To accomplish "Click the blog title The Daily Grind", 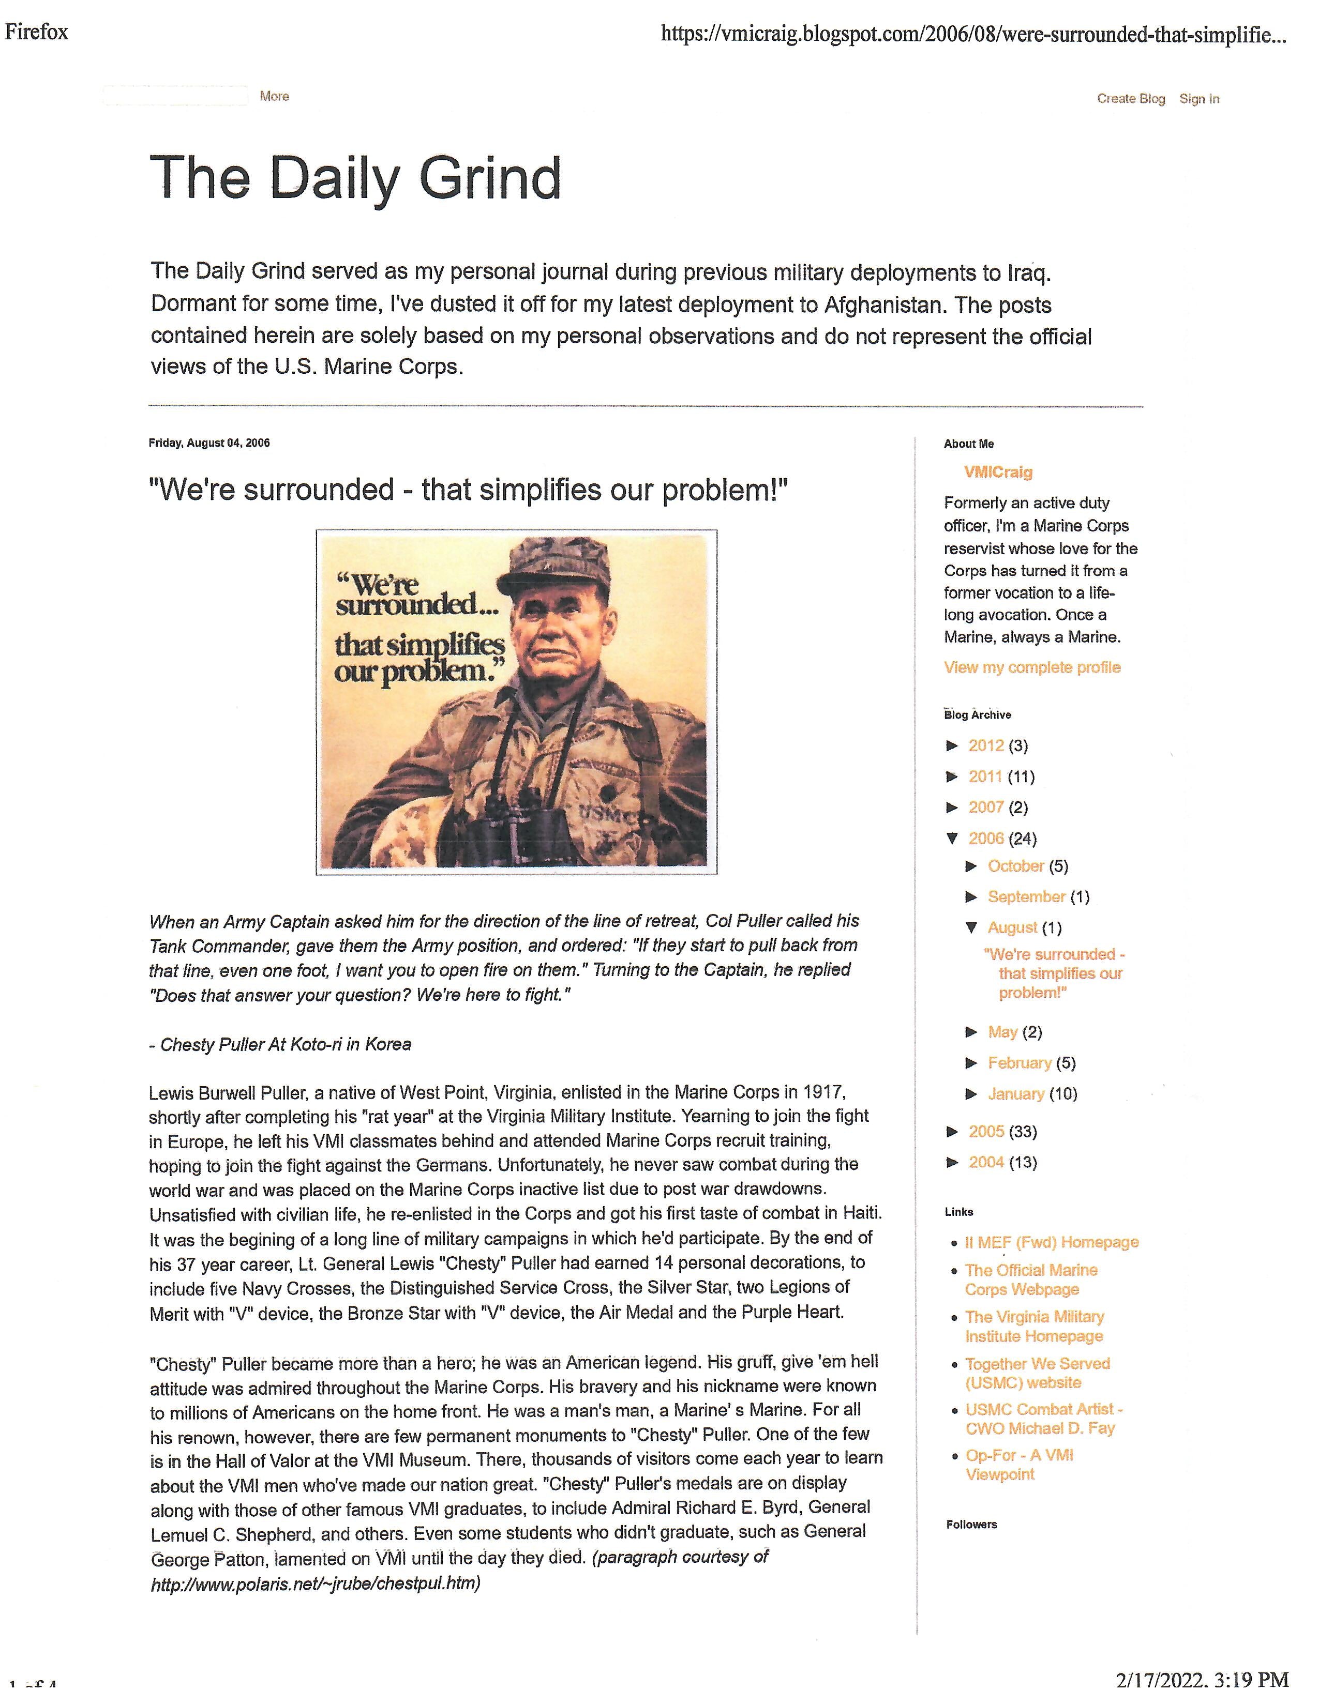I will (x=355, y=178).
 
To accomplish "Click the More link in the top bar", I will (x=274, y=96).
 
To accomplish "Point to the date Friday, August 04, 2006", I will (x=209, y=443).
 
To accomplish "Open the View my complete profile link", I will (x=1031, y=667).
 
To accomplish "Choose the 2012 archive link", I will (x=985, y=745).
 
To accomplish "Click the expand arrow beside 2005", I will (x=952, y=1131).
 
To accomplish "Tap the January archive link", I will (x=1016, y=1093).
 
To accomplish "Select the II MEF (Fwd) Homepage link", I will (x=1051, y=1242).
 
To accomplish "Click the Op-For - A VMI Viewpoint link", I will (x=1019, y=1465).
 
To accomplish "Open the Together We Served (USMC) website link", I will (x=1037, y=1373).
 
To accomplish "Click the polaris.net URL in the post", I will (x=315, y=1583).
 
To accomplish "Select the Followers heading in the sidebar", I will (x=971, y=1524).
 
